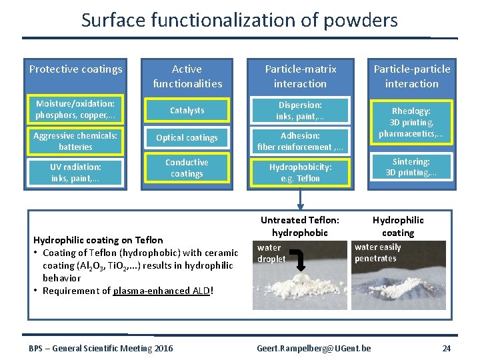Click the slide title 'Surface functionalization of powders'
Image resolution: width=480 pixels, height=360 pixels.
point(239,20)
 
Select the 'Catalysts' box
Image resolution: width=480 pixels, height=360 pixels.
point(187,110)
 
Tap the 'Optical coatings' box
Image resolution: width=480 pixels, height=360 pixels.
point(187,138)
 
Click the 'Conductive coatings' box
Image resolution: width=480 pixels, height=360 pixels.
point(187,168)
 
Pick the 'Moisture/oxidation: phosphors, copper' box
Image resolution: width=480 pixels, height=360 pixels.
point(75,110)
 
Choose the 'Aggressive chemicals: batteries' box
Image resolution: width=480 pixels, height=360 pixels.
point(75,141)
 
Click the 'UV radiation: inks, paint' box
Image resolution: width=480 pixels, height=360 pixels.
point(75,173)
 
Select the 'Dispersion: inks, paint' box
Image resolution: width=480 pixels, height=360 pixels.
point(300,111)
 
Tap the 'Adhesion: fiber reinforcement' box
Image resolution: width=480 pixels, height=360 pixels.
point(300,141)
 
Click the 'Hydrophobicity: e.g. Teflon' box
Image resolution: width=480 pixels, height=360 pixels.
point(300,173)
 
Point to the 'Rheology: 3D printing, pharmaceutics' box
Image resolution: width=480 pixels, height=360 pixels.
point(411,123)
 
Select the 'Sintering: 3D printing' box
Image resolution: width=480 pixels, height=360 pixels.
point(411,167)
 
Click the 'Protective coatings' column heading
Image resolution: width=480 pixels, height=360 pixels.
point(75,69)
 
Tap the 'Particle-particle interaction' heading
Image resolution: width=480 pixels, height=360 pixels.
point(411,76)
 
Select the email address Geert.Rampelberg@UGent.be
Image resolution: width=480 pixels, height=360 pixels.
point(314,348)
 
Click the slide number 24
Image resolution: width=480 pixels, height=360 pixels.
point(446,348)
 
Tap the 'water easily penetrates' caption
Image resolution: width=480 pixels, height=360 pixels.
point(378,253)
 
